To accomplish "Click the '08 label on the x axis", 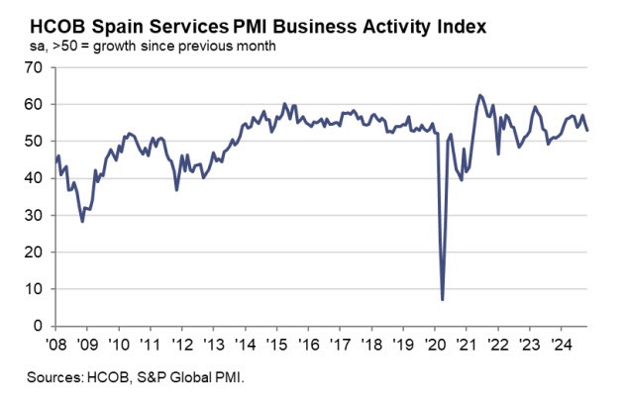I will point(56,345).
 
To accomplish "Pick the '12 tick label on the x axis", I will point(180,345).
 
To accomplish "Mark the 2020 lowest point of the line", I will point(442,299).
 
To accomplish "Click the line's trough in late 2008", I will point(82,221).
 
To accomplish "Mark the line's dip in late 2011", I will point(176,189).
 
